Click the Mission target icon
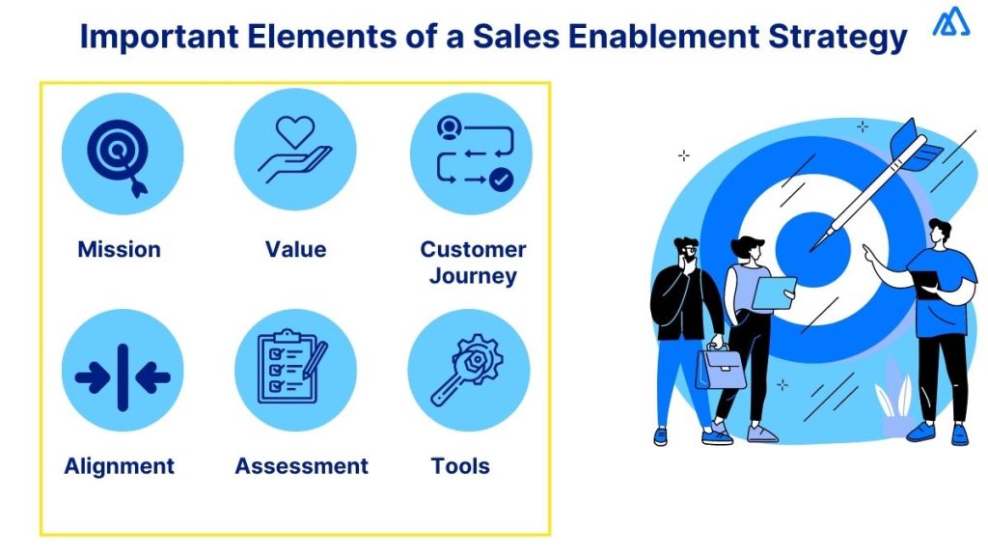point(123,153)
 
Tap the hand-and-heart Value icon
point(295,153)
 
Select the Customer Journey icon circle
point(470,153)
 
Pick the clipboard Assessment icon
point(295,370)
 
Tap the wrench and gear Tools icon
point(470,370)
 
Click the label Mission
point(119,249)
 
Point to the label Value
point(295,249)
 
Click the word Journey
point(473,276)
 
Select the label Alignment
point(120,466)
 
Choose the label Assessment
point(301,466)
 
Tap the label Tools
point(460,466)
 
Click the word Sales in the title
point(516,37)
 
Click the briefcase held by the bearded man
point(721,369)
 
